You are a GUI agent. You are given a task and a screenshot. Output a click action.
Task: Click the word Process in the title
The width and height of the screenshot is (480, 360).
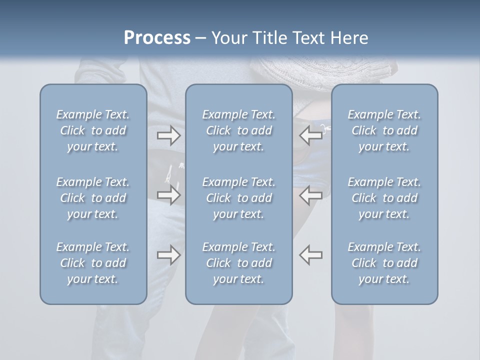(x=157, y=38)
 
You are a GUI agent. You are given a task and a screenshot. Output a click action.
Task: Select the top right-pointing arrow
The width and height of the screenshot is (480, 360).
(x=169, y=135)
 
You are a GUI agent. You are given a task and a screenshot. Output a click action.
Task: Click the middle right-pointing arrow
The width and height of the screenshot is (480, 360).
(x=169, y=195)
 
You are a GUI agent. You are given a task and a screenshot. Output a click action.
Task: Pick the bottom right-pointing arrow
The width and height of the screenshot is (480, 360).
(x=169, y=255)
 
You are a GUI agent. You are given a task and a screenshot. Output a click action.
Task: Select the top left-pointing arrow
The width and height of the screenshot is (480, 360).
(x=311, y=135)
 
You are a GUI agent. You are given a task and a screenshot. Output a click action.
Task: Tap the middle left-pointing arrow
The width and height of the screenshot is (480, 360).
(x=311, y=195)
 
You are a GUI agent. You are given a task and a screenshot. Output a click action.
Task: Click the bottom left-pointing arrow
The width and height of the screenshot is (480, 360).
(x=311, y=255)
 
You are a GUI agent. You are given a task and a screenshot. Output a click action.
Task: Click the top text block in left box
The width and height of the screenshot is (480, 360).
(x=93, y=130)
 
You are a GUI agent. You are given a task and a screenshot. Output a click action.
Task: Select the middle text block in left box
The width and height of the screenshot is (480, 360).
(x=93, y=198)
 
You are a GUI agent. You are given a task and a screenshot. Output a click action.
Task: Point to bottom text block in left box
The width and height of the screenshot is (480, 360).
(x=93, y=263)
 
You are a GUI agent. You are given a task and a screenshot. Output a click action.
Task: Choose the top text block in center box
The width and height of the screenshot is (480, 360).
(x=238, y=130)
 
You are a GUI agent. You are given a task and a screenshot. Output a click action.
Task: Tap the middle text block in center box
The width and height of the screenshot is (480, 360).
(x=238, y=198)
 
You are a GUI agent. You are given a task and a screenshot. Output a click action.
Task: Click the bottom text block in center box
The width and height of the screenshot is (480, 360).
(x=238, y=263)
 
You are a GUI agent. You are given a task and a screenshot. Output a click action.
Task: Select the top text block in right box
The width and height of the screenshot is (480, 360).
(x=384, y=130)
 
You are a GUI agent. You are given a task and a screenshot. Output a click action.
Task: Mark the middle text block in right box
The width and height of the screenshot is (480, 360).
(x=384, y=198)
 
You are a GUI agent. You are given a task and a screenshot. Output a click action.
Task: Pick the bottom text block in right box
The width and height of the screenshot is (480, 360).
(x=384, y=263)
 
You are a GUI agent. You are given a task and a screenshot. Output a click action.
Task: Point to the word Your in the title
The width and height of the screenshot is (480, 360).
(x=228, y=38)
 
